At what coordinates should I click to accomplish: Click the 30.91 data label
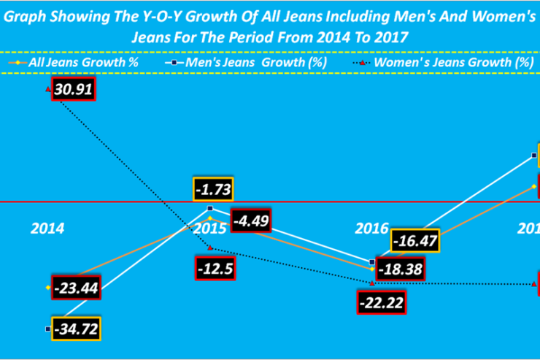click(x=73, y=90)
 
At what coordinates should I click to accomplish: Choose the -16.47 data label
click(x=415, y=240)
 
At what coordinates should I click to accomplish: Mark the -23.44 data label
click(x=75, y=287)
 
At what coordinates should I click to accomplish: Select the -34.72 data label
click(x=74, y=329)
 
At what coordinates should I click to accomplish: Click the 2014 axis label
click(x=47, y=228)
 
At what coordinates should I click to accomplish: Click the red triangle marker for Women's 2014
click(x=48, y=90)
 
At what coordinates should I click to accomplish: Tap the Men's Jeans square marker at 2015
click(x=210, y=209)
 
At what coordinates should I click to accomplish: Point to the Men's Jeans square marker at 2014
click(x=48, y=329)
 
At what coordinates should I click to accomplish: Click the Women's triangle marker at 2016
click(x=373, y=283)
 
